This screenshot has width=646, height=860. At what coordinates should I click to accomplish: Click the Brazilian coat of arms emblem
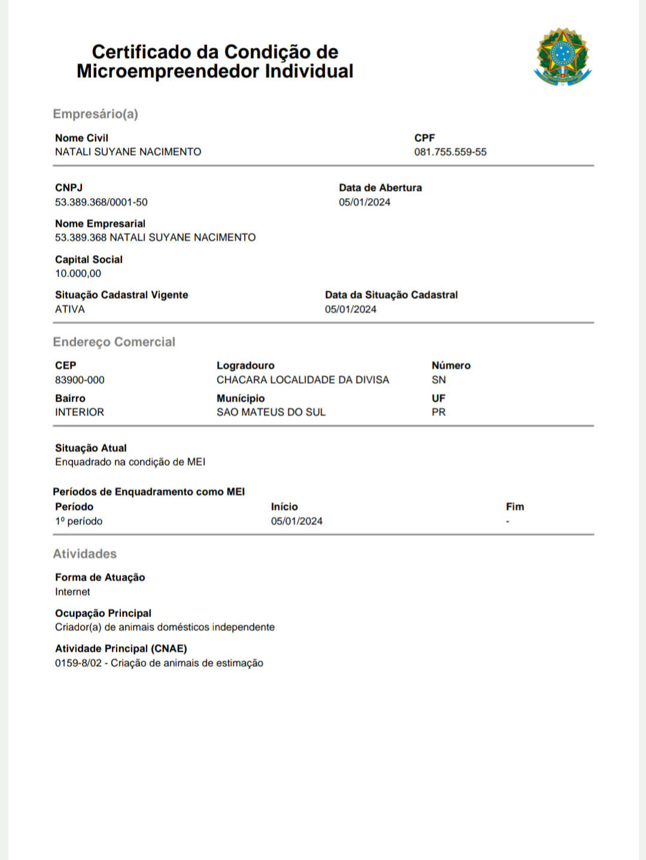(x=562, y=56)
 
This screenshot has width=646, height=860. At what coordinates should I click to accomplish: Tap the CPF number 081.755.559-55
(x=450, y=152)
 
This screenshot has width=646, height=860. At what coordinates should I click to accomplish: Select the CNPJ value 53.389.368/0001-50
(x=101, y=202)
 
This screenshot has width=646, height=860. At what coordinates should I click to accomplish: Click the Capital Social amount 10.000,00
(x=78, y=273)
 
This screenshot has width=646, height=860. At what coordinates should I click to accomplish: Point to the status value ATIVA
(x=70, y=309)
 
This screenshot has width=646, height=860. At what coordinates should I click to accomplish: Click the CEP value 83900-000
(x=80, y=380)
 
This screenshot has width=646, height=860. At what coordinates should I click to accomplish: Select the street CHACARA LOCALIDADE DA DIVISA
(x=303, y=380)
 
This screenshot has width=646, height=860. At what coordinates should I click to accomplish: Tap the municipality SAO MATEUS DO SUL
(x=271, y=412)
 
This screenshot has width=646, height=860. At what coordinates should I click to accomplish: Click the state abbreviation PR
(x=438, y=412)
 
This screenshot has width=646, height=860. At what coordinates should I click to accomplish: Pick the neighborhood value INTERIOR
(x=80, y=412)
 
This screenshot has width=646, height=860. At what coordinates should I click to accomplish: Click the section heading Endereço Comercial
(x=114, y=342)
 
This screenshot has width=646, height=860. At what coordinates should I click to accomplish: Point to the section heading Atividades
(x=84, y=554)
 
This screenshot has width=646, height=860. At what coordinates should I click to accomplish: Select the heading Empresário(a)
(x=95, y=114)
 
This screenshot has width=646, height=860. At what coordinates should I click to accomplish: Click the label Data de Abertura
(x=380, y=188)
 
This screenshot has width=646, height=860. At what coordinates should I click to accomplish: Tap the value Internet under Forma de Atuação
(x=72, y=591)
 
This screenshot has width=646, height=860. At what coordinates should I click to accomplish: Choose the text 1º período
(x=78, y=521)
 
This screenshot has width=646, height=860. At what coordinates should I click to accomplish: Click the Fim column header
(x=514, y=507)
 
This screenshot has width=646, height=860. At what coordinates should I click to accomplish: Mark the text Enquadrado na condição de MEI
(x=130, y=462)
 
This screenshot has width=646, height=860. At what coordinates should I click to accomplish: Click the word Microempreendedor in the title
(x=168, y=71)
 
